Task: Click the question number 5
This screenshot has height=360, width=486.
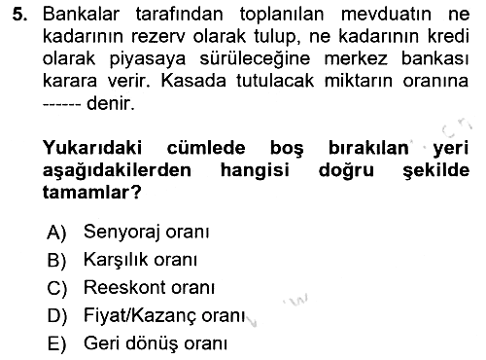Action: [19, 15]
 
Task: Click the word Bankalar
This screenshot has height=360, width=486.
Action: [82, 15]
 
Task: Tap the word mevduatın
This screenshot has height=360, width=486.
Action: [386, 15]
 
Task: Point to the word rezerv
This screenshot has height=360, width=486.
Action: [158, 37]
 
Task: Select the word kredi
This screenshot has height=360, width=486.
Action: [448, 36]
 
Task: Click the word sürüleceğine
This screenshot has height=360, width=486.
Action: [255, 59]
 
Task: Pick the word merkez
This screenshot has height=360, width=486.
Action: [356, 58]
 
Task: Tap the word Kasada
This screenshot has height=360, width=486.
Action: [193, 81]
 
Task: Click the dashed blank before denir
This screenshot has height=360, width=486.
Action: [61, 105]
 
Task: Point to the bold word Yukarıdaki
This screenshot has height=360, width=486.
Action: [92, 148]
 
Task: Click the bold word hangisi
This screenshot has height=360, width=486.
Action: [255, 171]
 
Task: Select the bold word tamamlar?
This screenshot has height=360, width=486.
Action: [92, 193]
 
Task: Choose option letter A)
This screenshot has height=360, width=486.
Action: [56, 233]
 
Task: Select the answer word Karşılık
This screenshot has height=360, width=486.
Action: [116, 261]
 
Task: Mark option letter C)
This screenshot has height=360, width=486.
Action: [57, 288]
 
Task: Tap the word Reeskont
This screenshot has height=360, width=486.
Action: [124, 287]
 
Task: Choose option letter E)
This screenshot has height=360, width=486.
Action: [56, 344]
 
